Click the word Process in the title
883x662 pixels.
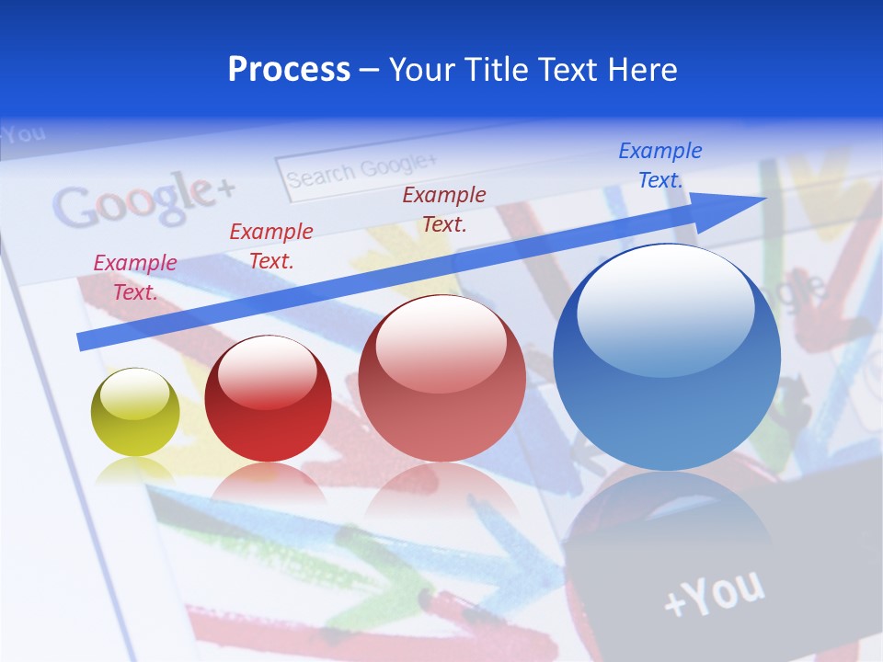[289, 70]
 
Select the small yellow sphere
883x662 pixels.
[135, 412]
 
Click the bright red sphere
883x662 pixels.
[268, 398]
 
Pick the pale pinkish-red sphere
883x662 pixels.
[441, 378]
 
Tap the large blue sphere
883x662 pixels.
[667, 357]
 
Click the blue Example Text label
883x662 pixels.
[659, 165]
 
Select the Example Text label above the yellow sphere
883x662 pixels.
[134, 277]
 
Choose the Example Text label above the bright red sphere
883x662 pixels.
[270, 245]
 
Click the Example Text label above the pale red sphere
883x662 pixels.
[443, 209]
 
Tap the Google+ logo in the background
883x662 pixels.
[143, 201]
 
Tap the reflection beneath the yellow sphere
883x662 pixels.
[134, 471]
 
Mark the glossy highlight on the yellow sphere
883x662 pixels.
[138, 391]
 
